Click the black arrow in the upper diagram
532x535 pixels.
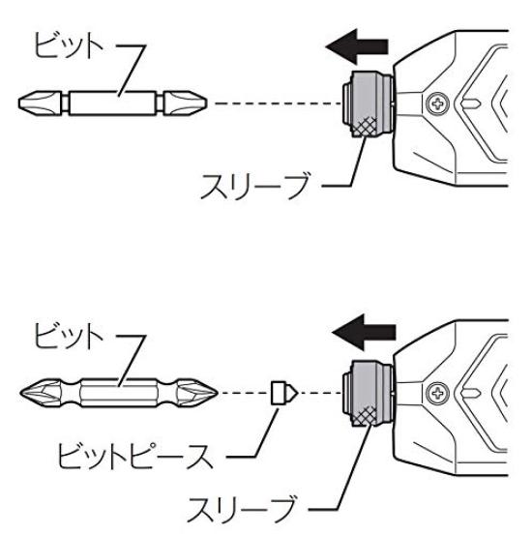click(x=357, y=46)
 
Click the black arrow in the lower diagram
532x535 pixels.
click(x=364, y=333)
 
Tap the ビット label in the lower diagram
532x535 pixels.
click(x=69, y=336)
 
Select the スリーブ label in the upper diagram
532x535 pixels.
click(x=255, y=186)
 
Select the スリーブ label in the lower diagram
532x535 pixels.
click(x=242, y=510)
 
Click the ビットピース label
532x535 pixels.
click(x=135, y=457)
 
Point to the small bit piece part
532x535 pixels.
click(x=284, y=393)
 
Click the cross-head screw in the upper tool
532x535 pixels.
click(x=438, y=104)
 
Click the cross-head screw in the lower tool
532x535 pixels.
click(x=438, y=394)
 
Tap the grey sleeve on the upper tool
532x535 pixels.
click(x=368, y=104)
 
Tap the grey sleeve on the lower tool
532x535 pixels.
click(x=368, y=394)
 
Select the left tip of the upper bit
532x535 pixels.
click(x=19, y=104)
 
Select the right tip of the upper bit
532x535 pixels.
click(x=206, y=104)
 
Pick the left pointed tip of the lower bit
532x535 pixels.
click(x=20, y=393)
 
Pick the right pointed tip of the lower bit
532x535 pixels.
click(x=217, y=393)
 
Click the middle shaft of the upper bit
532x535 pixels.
click(x=112, y=104)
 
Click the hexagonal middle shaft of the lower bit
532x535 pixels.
click(x=119, y=393)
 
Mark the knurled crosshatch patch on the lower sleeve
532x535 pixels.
click(x=365, y=417)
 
